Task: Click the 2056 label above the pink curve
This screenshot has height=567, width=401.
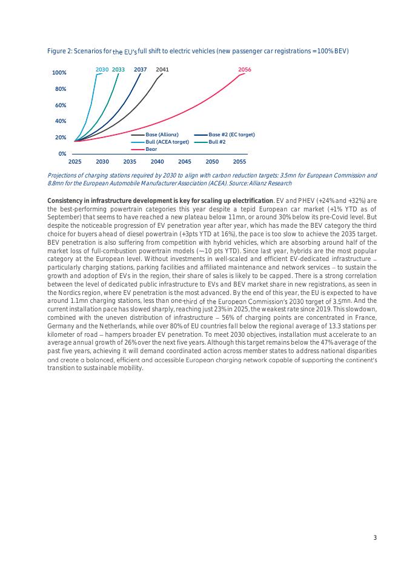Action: (x=245, y=70)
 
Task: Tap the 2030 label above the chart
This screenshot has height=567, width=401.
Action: (x=102, y=70)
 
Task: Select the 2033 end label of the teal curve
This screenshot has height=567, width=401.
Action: (x=118, y=70)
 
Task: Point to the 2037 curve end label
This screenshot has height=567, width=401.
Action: (x=141, y=70)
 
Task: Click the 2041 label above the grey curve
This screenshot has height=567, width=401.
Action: (x=162, y=70)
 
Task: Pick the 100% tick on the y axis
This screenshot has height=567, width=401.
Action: (x=59, y=73)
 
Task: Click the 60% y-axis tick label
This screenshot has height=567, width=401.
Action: (x=61, y=105)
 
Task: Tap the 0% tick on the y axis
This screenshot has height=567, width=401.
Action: (x=62, y=154)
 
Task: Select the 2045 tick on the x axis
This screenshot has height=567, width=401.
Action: (x=185, y=162)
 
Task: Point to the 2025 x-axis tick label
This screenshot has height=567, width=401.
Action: (x=75, y=162)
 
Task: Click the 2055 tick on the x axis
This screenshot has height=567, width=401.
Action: (x=239, y=162)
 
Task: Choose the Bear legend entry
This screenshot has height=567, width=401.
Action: (x=151, y=148)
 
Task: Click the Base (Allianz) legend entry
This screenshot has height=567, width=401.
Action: (x=162, y=134)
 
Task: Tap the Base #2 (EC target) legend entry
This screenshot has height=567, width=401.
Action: (x=231, y=134)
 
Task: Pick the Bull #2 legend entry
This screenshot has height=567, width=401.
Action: (x=217, y=141)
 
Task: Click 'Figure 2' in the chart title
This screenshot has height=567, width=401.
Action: (x=59, y=50)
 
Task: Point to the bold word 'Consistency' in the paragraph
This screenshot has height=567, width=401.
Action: (x=65, y=201)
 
